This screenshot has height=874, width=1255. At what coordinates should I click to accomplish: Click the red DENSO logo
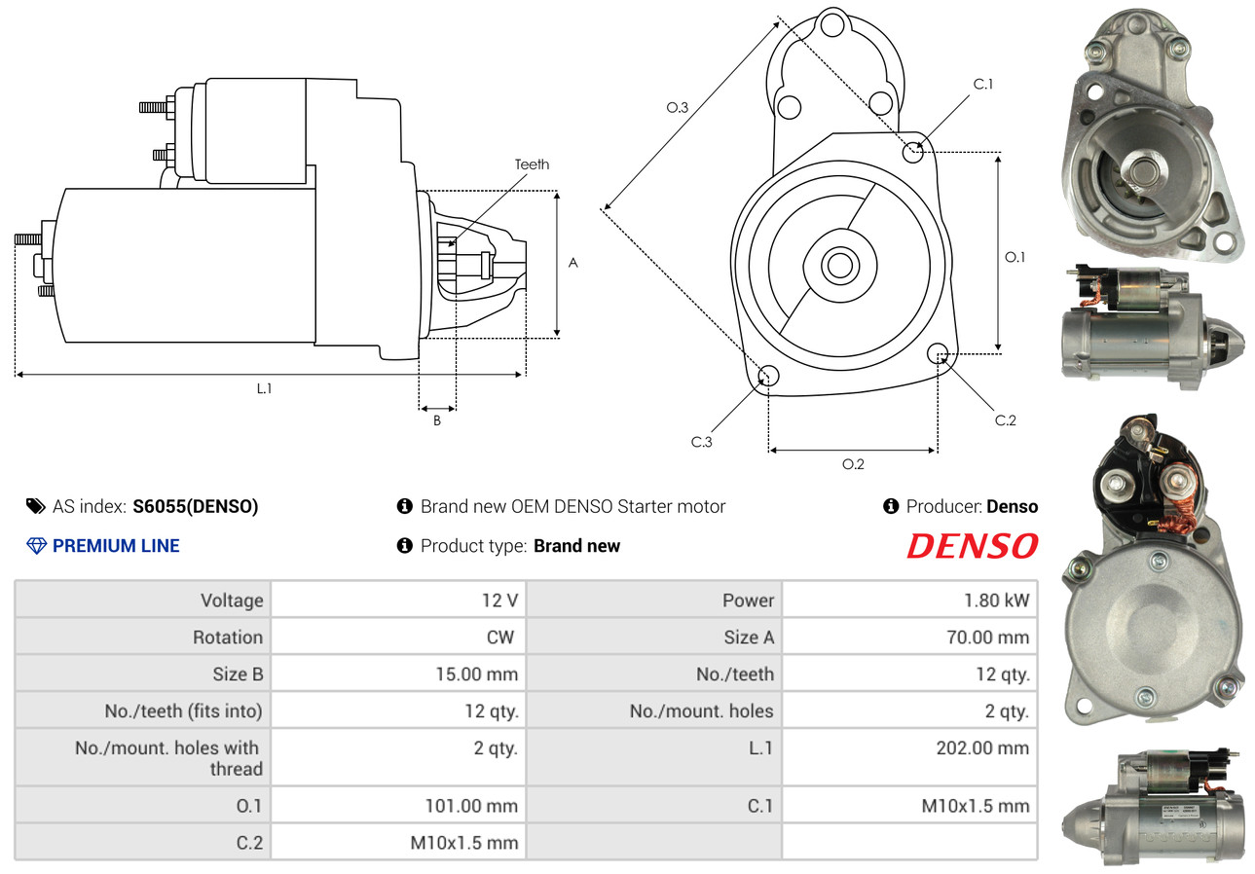point(972,546)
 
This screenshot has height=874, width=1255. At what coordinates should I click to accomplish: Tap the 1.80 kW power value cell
point(996,601)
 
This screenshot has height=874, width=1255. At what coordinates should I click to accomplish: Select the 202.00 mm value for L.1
point(982,748)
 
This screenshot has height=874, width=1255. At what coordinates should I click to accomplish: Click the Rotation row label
point(228,637)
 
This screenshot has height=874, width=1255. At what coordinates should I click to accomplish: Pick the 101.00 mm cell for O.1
point(471,806)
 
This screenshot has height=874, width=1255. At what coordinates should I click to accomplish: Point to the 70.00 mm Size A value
point(988,637)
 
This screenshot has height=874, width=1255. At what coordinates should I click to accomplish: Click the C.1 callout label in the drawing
point(982,84)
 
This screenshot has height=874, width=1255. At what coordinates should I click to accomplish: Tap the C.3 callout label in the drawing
point(701,442)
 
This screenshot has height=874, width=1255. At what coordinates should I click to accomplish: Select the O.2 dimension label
point(853,464)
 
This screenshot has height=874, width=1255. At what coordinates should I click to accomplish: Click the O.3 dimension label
point(677,107)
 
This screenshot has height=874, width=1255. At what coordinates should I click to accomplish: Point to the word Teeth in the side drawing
point(532,164)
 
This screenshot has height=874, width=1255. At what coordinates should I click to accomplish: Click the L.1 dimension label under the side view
point(264,388)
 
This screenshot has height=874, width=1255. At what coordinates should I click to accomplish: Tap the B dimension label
point(437,420)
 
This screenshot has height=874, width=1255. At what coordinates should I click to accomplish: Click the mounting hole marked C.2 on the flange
point(938,354)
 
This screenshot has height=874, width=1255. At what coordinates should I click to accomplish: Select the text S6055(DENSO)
point(196,507)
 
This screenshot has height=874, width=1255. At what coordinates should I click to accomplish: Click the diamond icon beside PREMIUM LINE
point(36,546)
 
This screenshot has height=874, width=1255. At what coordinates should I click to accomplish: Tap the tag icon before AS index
point(36,506)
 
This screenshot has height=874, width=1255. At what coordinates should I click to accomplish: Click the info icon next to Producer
point(891,506)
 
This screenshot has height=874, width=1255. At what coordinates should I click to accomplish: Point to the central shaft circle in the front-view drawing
point(840,266)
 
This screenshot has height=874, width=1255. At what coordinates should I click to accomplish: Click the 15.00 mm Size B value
point(477,674)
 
